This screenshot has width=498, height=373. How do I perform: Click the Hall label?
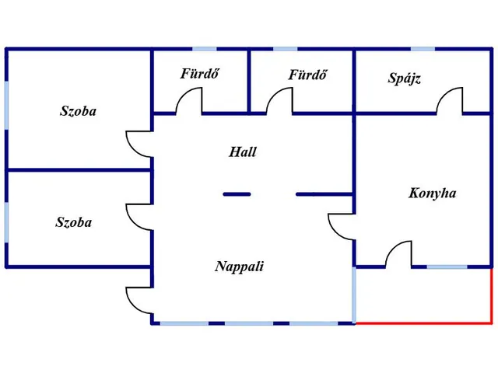(242, 152)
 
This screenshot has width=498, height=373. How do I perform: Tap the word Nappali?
(239, 267)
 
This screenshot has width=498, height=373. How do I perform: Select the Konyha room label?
(432, 193)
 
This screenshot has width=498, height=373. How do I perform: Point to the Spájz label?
(404, 78)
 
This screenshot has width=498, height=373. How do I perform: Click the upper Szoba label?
(78, 111)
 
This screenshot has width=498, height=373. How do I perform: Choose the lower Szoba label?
(73, 222)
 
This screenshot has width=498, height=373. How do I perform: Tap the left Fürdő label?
(198, 75)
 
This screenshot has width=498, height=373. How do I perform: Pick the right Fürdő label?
(307, 75)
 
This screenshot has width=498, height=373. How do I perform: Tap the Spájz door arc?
(451, 101)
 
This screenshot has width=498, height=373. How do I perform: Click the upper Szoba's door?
(139, 144)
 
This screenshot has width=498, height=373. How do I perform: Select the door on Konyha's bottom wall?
(398, 254)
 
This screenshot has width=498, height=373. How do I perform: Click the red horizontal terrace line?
(424, 322)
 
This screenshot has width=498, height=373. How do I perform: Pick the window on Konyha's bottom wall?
(447, 267)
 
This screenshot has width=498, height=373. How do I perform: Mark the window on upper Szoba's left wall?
(7, 101)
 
